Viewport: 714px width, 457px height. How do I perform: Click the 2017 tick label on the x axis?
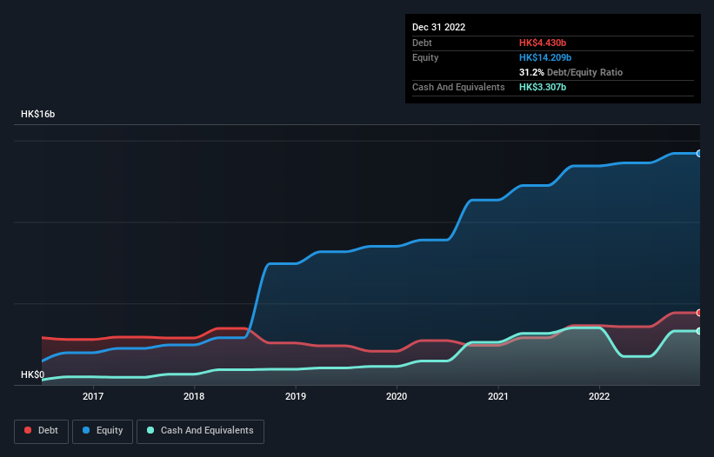pos(93,396)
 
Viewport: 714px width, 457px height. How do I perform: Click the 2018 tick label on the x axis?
pos(194,396)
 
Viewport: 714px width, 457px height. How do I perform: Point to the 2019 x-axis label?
pos(296,396)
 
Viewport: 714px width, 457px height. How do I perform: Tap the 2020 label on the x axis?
pos(397,396)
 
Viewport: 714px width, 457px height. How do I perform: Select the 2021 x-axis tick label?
pos(497,396)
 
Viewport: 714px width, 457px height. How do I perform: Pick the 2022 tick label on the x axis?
pos(599,396)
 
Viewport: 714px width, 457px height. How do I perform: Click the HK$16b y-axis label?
pos(38,115)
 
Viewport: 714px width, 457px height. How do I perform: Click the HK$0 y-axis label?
pos(33,374)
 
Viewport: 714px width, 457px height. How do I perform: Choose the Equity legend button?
pos(103,430)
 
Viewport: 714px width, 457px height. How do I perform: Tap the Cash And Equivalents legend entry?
pos(200,430)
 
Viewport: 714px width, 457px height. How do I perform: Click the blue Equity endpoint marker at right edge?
pos(698,153)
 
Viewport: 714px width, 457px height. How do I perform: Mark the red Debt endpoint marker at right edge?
pos(698,312)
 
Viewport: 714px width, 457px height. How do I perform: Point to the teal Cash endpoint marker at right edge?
pos(698,331)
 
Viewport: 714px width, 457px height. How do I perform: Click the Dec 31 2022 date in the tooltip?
pos(438,27)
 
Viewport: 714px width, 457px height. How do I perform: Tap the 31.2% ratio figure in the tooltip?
pos(532,72)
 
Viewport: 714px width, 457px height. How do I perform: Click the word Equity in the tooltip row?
pos(425,57)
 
